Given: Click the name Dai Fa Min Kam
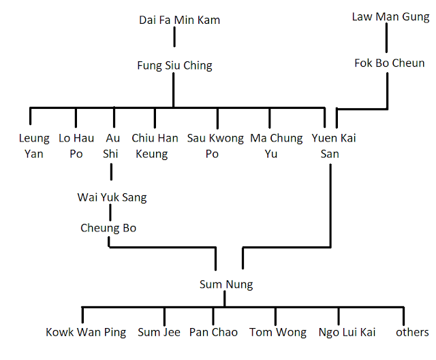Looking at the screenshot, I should click(179, 20).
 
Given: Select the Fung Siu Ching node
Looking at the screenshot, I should click(174, 66).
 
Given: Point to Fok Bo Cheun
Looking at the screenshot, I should click(389, 63).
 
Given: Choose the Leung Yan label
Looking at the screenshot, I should click(33, 146).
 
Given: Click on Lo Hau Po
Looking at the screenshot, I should click(76, 146).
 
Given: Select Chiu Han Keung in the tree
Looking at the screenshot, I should click(155, 146).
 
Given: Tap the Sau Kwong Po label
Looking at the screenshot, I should click(215, 146).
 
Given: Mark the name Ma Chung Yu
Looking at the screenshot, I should click(277, 146).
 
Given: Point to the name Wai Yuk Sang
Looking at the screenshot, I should click(112, 198).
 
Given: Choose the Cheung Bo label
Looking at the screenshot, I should click(108, 228).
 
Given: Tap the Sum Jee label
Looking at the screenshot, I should click(159, 333).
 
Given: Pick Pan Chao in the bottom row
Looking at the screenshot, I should click(213, 333).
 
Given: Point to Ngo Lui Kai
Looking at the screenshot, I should click(347, 333).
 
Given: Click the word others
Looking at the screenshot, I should click(412, 333).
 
